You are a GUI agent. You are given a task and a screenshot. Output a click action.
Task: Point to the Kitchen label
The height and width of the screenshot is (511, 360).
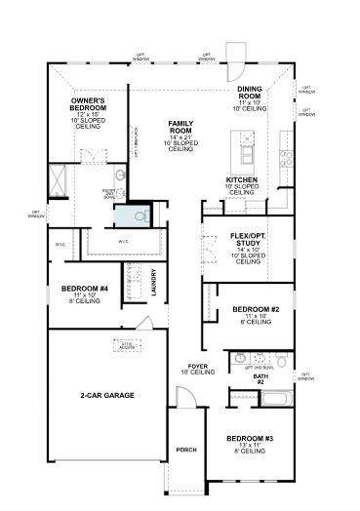click(241, 180)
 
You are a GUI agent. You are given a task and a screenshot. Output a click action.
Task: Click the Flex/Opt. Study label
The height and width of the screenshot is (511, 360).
click(249, 237)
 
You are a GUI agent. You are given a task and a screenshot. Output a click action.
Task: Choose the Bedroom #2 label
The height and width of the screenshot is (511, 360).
click(257, 310)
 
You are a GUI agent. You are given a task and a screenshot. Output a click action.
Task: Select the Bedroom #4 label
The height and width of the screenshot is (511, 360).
click(85, 290)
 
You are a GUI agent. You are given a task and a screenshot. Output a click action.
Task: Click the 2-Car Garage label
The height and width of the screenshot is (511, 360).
click(106, 395)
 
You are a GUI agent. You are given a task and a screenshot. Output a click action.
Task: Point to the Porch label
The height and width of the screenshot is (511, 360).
click(186, 450)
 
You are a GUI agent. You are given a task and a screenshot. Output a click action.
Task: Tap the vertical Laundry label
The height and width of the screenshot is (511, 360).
click(154, 283)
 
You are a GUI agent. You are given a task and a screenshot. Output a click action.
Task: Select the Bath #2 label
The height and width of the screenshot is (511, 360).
click(260, 379)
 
